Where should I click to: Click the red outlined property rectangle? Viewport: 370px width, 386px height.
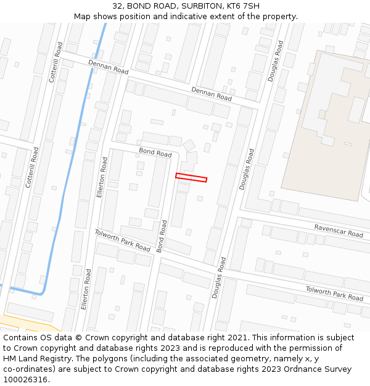click(x=191, y=178)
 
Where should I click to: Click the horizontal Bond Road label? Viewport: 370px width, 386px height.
click(x=155, y=152)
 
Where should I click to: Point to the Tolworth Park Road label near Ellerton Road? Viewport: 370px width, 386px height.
click(x=122, y=240)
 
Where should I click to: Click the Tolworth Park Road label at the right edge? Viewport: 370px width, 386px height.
click(x=334, y=293)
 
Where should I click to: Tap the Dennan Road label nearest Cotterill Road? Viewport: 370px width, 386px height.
click(x=108, y=67)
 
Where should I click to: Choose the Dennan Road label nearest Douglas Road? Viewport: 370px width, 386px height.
click(x=211, y=94)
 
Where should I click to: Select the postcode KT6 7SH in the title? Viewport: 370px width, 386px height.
click(x=243, y=6)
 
